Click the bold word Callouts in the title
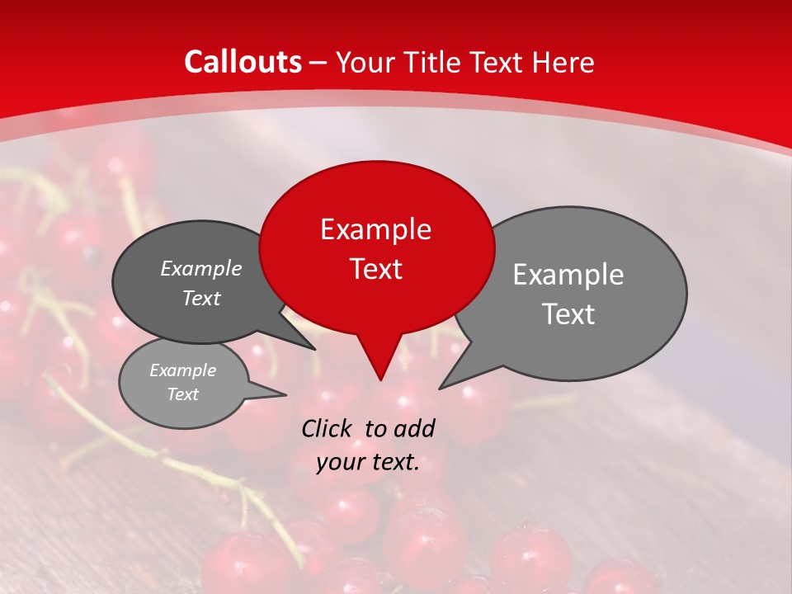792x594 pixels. pos(243,62)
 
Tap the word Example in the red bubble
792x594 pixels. pos(375,229)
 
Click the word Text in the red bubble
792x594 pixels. pos(375,269)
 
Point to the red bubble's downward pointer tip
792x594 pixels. pos(379,379)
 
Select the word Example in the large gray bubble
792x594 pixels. pos(568,275)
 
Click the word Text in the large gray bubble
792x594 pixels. pos(568,314)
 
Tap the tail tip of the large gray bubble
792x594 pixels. pos(440,388)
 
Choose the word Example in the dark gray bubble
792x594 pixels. pos(200,268)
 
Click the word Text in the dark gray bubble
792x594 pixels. pos(200,298)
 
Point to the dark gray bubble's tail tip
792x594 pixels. pos(315,349)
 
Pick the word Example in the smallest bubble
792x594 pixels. pos(182,370)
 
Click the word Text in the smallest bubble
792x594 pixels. pos(182,394)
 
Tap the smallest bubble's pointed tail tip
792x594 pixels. pos(285,394)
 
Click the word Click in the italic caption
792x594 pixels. pos(327,428)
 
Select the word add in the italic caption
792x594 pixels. pos(413,428)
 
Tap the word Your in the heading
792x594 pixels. pos(365,62)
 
